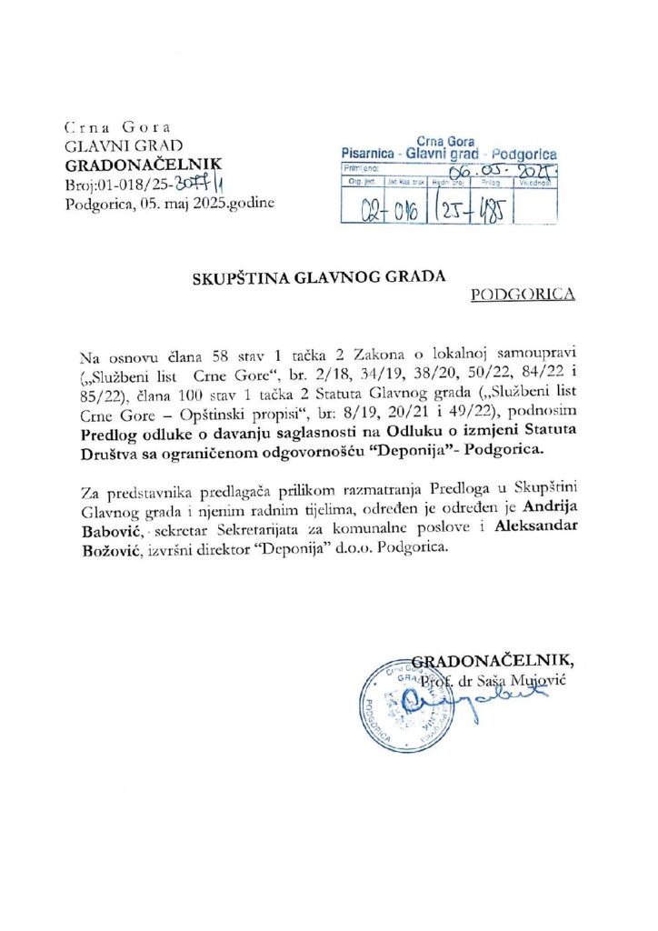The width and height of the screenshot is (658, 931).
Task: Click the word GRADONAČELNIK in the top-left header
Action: [126, 165]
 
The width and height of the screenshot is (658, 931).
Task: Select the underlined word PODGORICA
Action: [524, 295]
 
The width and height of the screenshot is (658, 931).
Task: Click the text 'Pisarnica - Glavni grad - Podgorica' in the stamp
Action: [448, 154]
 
